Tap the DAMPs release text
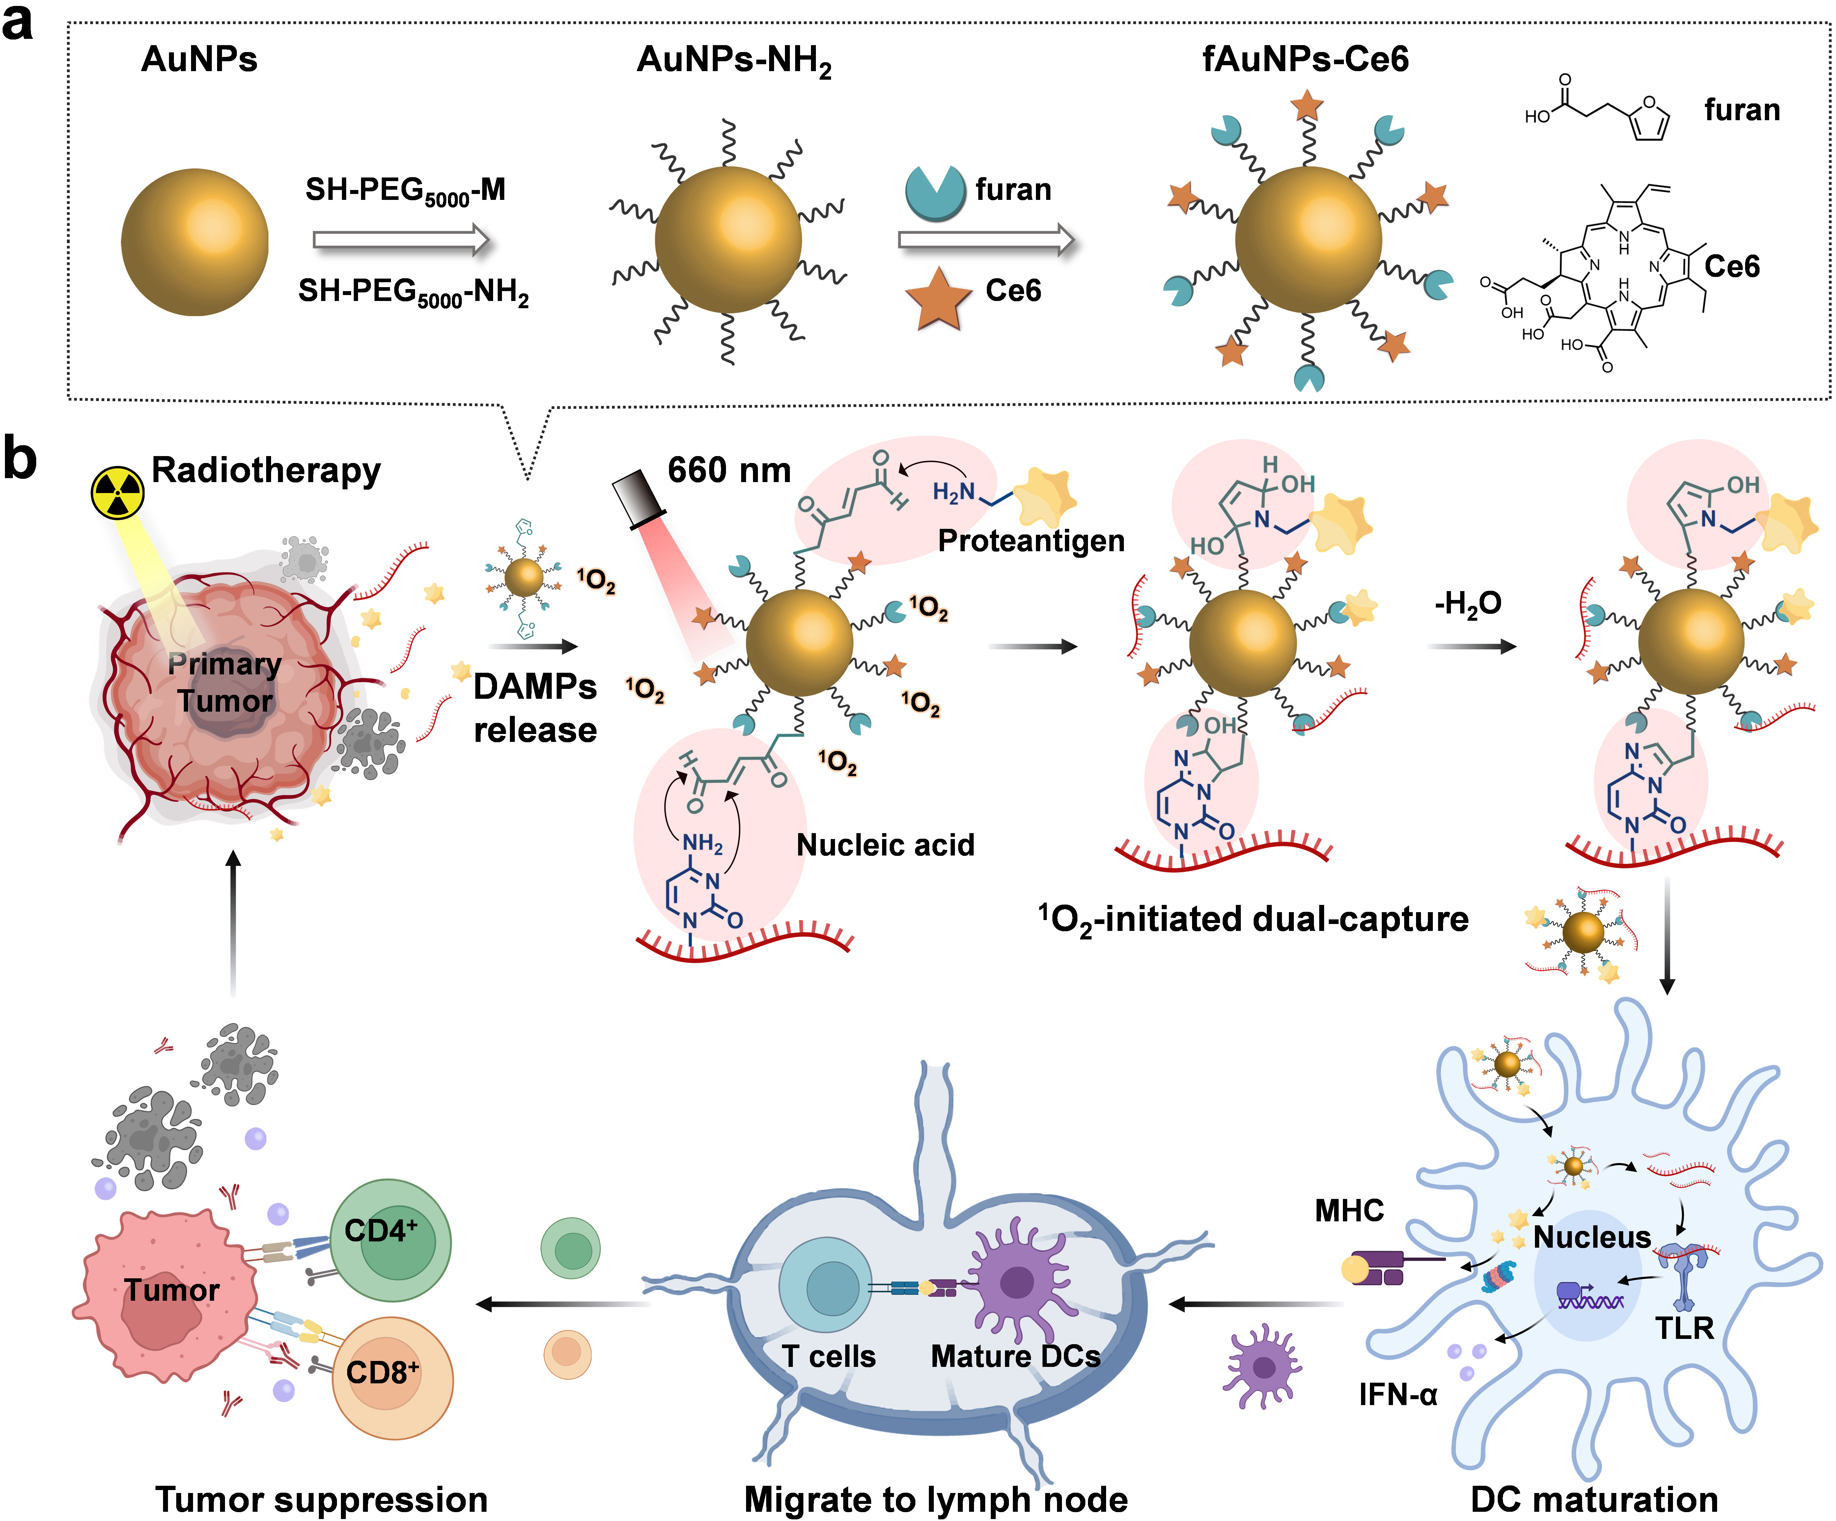[535, 708]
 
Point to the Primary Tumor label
[225, 682]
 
